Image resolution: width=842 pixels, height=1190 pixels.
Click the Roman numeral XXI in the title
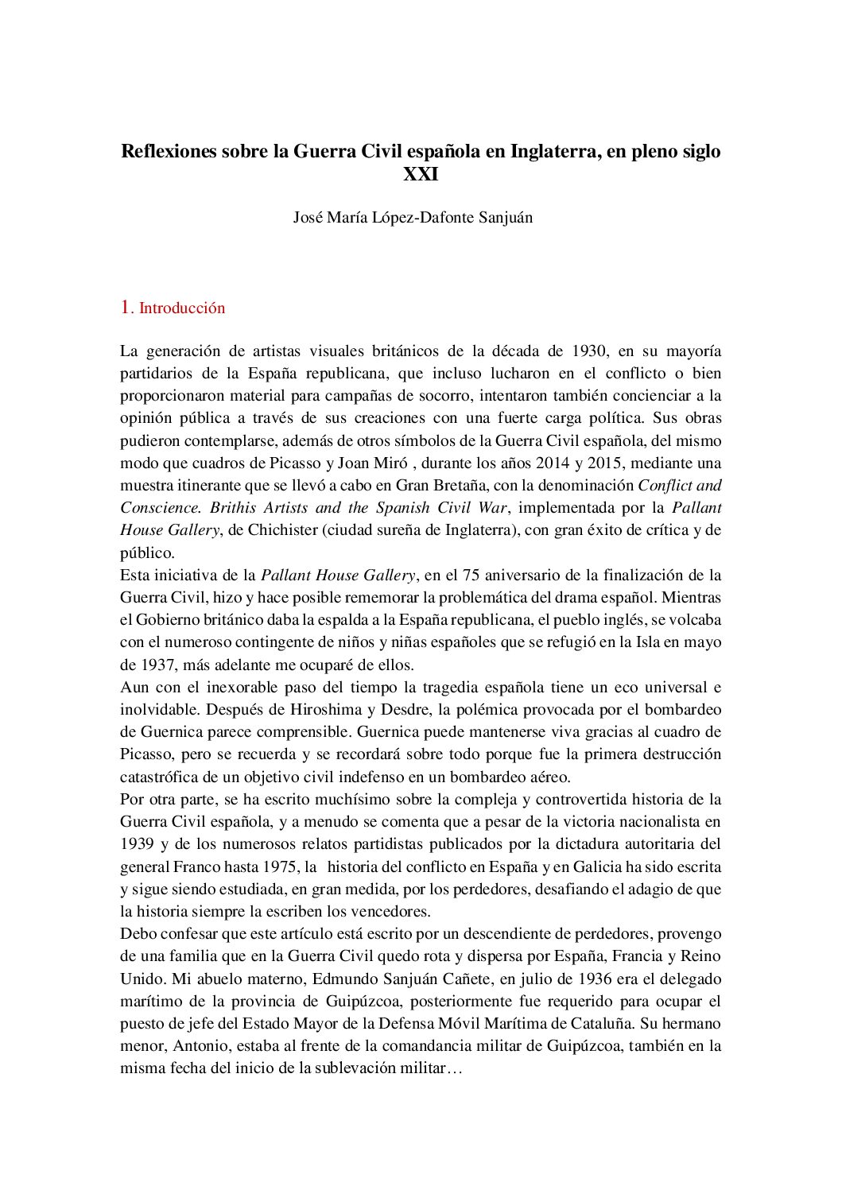click(421, 174)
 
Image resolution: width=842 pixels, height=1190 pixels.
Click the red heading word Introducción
click(182, 308)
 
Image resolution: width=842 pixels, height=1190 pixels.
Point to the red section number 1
click(125, 308)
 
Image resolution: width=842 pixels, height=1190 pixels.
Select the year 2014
click(553, 463)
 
